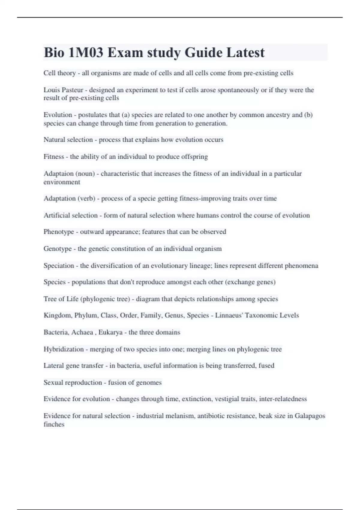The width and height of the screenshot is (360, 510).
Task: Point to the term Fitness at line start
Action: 54,157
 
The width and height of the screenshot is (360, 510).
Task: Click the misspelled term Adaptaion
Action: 58,173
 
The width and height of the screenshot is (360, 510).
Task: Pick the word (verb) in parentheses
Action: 87,198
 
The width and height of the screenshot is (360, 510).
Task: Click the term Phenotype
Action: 58,232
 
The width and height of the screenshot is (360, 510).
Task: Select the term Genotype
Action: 58,249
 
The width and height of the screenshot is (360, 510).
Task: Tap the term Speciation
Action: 59,265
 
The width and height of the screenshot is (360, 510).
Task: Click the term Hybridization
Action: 64,349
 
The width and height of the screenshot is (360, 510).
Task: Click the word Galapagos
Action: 310,416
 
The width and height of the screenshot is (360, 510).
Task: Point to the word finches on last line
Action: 54,424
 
